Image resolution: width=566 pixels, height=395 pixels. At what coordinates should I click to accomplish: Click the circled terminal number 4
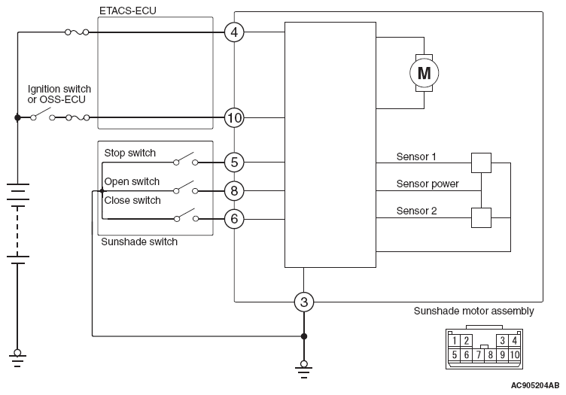(x=234, y=32)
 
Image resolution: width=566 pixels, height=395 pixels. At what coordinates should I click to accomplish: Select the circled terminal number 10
(x=234, y=117)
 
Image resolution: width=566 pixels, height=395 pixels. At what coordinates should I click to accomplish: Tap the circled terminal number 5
(x=234, y=163)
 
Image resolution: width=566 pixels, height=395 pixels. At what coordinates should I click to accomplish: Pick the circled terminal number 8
(x=234, y=191)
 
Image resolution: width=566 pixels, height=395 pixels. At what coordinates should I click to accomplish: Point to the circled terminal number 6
(x=234, y=219)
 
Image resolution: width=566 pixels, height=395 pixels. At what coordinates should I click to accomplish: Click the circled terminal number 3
(x=304, y=302)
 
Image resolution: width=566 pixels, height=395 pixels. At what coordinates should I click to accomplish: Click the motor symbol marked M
(x=424, y=73)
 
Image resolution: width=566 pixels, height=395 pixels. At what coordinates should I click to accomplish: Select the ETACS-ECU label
(x=128, y=11)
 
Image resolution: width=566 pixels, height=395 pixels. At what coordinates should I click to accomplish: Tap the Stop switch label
(x=130, y=153)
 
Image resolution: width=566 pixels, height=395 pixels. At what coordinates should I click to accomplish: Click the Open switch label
(x=132, y=181)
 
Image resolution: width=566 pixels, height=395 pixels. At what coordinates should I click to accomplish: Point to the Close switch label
(x=132, y=200)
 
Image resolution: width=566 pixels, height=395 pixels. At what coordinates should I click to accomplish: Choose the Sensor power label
(x=428, y=184)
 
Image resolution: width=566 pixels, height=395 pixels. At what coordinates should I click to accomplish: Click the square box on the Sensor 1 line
(x=481, y=163)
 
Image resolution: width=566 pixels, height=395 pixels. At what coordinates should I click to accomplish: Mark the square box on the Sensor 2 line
(x=481, y=218)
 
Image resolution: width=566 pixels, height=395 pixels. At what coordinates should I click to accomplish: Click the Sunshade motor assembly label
(x=473, y=311)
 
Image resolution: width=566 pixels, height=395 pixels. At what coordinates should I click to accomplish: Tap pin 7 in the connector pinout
(x=478, y=355)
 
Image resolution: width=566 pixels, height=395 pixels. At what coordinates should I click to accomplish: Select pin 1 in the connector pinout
(x=455, y=341)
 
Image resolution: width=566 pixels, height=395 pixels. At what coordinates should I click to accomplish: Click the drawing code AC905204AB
(x=535, y=386)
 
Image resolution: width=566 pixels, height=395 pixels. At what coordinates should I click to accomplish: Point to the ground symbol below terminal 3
(x=304, y=369)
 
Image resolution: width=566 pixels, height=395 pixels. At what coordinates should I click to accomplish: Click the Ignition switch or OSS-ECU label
(x=59, y=94)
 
